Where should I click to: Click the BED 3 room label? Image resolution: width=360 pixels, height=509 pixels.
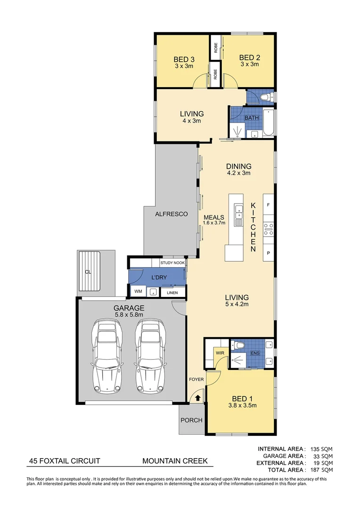[184, 59]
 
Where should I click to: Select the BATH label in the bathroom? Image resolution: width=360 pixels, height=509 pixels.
[251, 118]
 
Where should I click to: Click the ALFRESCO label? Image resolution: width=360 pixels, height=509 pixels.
[172, 214]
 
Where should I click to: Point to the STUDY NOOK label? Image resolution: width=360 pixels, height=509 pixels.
[173, 263]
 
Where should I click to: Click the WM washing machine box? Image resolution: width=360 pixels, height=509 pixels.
[138, 292]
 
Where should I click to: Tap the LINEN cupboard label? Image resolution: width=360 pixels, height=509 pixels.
[172, 293]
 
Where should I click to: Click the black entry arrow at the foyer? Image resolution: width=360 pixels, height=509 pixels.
[197, 398]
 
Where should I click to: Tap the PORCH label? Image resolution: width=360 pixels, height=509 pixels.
[191, 420]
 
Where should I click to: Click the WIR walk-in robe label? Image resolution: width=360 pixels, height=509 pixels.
[220, 353]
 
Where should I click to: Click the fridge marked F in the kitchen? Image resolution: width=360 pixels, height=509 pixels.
[268, 205]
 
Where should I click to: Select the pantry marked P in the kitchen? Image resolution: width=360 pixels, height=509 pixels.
[268, 253]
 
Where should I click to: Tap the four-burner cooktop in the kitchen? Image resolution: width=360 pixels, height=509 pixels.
[268, 230]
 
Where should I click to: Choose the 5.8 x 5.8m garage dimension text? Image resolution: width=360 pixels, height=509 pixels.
[129, 315]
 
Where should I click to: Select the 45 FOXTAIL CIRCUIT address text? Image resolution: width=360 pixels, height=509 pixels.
[63, 461]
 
